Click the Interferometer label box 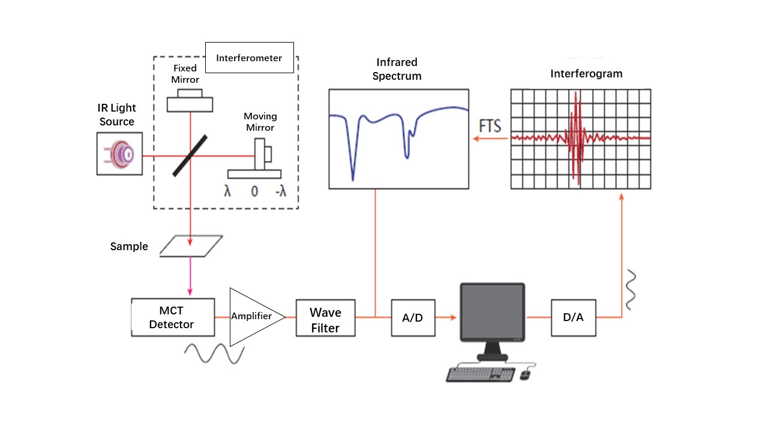point(249,58)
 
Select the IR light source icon point(120,154)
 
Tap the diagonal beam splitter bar point(190,155)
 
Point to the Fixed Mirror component point(190,102)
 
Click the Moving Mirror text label point(259,121)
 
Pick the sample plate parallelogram point(191,246)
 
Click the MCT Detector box point(173,317)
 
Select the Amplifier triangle point(252,316)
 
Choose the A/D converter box point(412,318)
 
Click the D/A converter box point(573,318)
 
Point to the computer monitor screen point(493,313)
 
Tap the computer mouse point(525,374)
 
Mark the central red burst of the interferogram point(576,137)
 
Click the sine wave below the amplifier point(214,353)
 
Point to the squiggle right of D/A point(629,289)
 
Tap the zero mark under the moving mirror point(254,191)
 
